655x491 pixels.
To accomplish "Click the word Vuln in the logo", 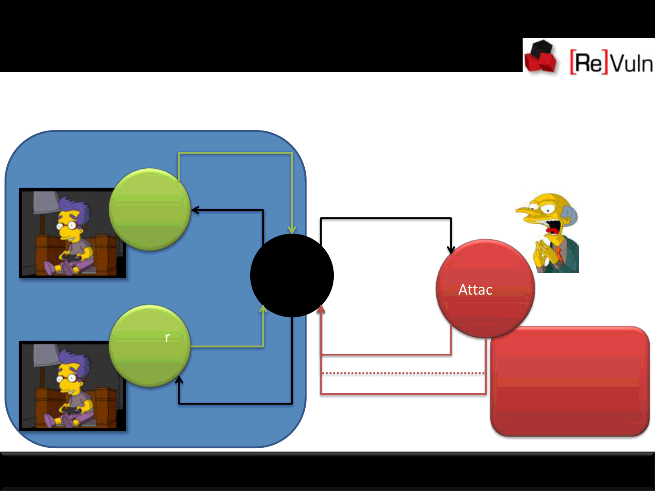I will pyautogui.click(x=632, y=62).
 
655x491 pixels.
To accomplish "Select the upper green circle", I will pyautogui.click(x=150, y=209).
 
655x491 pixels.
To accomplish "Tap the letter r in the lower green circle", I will pyautogui.click(x=167, y=337).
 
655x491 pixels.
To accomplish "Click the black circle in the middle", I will pyautogui.click(x=292, y=276).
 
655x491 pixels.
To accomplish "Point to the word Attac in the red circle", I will pyautogui.click(x=475, y=290).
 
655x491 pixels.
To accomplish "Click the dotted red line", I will pyautogui.click(x=403, y=374).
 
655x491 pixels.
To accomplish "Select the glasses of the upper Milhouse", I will pyautogui.click(x=67, y=225).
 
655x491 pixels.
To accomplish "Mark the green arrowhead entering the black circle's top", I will pyautogui.click(x=292, y=230).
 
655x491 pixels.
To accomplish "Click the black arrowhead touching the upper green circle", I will pyautogui.click(x=195, y=210).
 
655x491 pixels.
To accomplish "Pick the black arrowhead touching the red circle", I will pyautogui.click(x=451, y=250).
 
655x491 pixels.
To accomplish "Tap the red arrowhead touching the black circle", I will pyautogui.click(x=321, y=310).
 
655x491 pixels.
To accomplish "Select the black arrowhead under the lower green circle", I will pyautogui.click(x=179, y=380).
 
